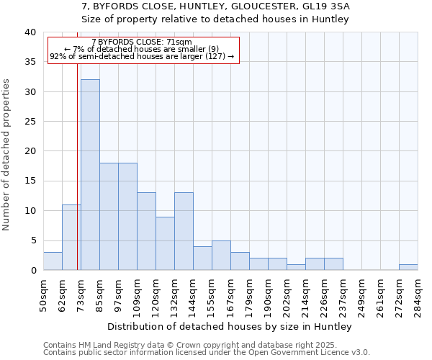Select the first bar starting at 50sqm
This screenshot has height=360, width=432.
(x=53, y=261)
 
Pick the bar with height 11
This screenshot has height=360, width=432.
(x=71, y=238)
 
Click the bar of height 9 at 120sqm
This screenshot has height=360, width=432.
(x=165, y=243)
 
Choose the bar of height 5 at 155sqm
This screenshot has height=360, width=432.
(x=221, y=256)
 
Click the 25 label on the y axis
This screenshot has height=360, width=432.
(x=30, y=122)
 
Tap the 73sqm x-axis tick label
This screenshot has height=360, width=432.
(x=81, y=292)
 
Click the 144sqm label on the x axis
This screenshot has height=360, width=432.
(x=193, y=294)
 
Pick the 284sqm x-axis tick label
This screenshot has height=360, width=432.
(x=418, y=294)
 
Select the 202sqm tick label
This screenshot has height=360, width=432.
(x=287, y=294)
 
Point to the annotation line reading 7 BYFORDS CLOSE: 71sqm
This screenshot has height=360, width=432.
(x=142, y=42)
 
